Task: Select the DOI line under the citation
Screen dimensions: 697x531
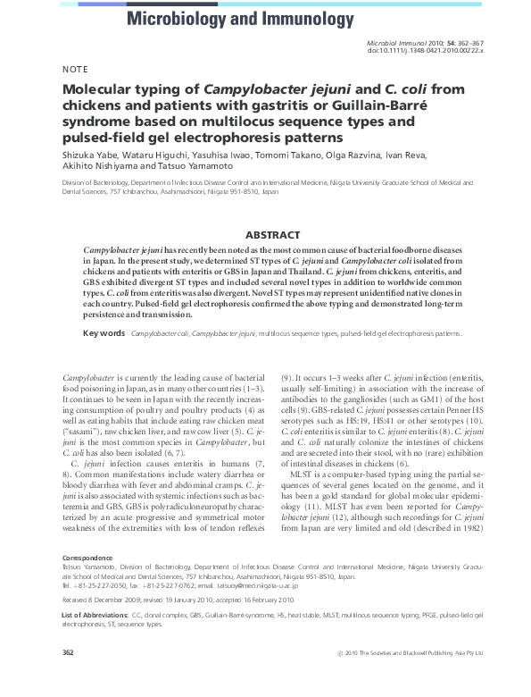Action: tap(425, 51)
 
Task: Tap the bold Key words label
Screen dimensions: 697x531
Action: tap(104, 333)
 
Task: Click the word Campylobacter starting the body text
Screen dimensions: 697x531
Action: tap(87, 378)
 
